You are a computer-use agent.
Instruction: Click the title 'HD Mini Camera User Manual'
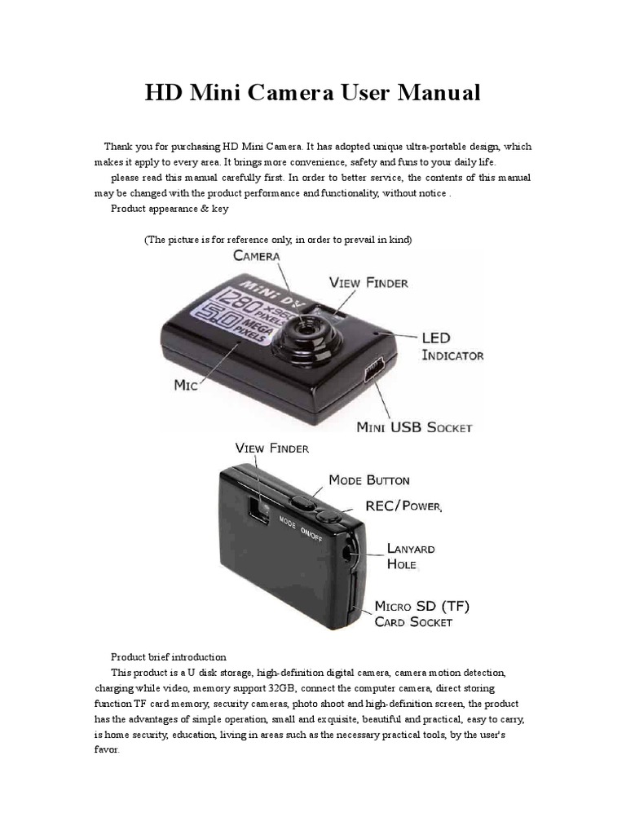313,93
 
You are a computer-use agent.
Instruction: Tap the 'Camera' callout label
257,255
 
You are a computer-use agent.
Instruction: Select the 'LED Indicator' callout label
452,346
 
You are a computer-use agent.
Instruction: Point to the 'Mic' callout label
187,384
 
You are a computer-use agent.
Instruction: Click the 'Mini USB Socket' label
415,426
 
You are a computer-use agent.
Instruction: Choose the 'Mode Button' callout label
369,479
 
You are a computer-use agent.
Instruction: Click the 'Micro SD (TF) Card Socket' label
421,613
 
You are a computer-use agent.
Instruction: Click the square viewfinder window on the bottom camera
259,511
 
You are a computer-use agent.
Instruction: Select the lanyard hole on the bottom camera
351,553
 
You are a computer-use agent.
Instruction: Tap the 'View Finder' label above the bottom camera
271,448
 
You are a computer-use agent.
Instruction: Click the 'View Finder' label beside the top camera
368,283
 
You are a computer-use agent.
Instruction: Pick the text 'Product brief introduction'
169,656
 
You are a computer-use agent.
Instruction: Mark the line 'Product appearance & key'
170,208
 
